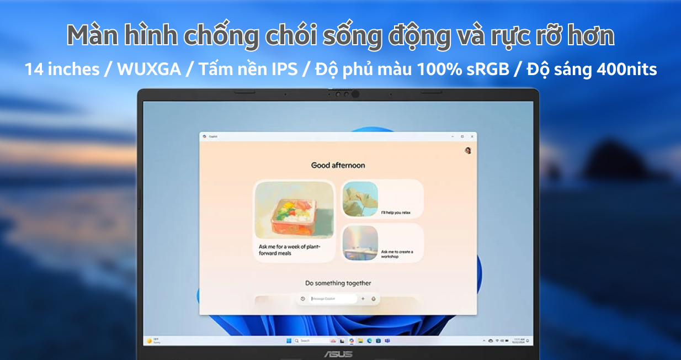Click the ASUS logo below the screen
click(338, 353)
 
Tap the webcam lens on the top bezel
click(355, 94)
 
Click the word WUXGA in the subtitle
click(148, 69)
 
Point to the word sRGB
click(492, 69)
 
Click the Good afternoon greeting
click(338, 165)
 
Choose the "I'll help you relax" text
click(395, 213)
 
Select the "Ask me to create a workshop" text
click(397, 254)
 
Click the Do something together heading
click(338, 283)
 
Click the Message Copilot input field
click(333, 299)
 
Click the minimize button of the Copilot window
click(453, 136)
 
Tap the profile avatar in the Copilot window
click(467, 150)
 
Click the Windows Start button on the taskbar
click(289, 341)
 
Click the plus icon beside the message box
click(363, 299)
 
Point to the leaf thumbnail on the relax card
click(360, 199)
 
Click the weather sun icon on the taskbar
click(149, 341)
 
